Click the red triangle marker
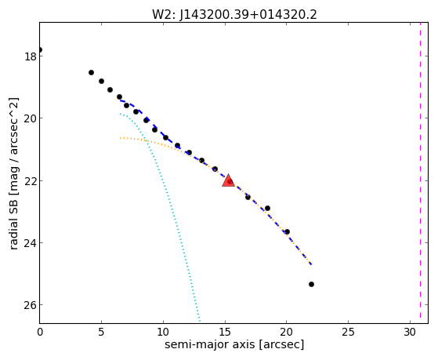click(x=228, y=180)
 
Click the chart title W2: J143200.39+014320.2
click(x=234, y=14)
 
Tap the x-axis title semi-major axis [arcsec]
click(x=234, y=344)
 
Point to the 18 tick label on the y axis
click(x=30, y=56)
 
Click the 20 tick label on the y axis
click(x=30, y=118)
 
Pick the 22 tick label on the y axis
click(x=30, y=180)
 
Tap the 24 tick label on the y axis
click(x=30, y=243)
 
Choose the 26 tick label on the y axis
click(x=30, y=305)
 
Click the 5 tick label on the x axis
click(x=101, y=332)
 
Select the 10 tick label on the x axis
click(x=163, y=332)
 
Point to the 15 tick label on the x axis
click(x=225, y=332)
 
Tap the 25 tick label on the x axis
click(x=348, y=332)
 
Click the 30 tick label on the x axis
click(x=410, y=332)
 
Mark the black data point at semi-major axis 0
click(x=40, y=50)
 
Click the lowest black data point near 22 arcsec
click(x=312, y=284)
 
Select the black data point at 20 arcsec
click(x=287, y=231)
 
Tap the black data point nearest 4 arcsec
click(x=91, y=72)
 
